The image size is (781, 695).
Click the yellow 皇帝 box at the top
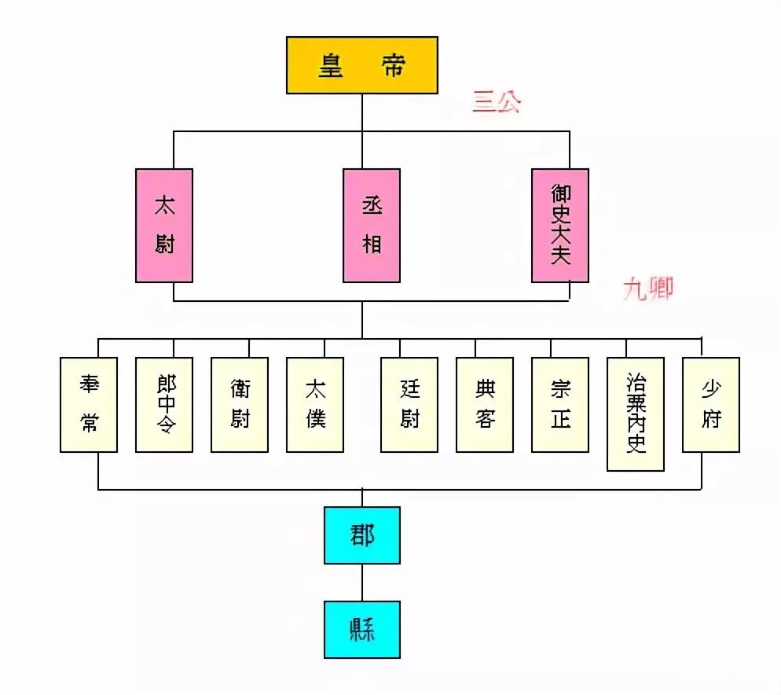(361, 65)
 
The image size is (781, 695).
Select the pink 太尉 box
(163, 225)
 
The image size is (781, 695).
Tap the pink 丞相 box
(372, 225)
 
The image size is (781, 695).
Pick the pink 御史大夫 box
(560, 225)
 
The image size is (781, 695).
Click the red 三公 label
(497, 102)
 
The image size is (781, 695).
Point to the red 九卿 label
(648, 289)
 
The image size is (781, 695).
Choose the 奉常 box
(89, 405)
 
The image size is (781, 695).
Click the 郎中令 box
(164, 405)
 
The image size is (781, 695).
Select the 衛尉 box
(240, 405)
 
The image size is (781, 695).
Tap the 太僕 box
(315, 405)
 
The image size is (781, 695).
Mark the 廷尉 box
(409, 405)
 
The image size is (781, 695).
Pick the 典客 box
(485, 405)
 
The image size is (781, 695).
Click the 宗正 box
(560, 405)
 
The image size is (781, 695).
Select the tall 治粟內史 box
(636, 414)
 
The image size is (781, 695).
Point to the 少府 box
(711, 405)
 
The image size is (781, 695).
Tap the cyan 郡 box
(362, 535)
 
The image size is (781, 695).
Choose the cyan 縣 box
(362, 630)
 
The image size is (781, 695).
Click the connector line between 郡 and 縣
(362, 583)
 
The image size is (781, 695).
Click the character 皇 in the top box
(330, 65)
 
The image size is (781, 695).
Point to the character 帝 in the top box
(393, 65)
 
